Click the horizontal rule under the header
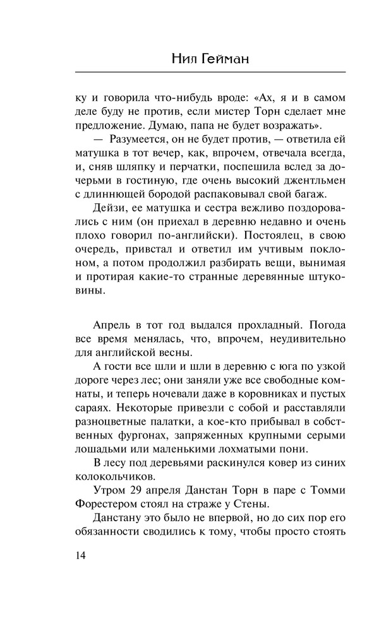click(x=195, y=75)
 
